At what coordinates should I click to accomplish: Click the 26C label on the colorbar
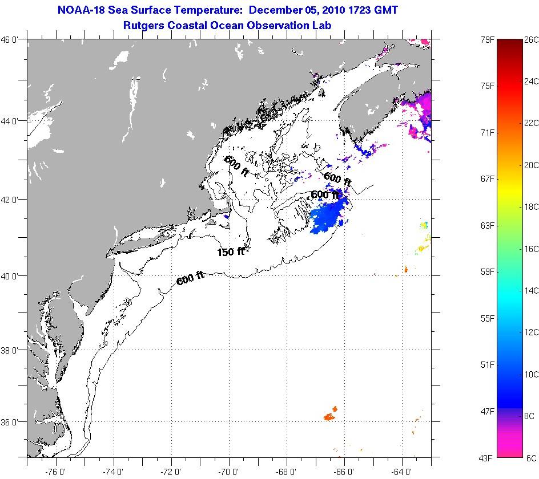(x=532, y=40)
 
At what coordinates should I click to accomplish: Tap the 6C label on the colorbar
(x=530, y=458)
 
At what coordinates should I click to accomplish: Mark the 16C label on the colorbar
(x=532, y=249)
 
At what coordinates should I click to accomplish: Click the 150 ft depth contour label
(x=231, y=251)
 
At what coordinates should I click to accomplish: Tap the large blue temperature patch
(x=328, y=217)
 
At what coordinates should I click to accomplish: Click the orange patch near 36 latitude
(x=329, y=415)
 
